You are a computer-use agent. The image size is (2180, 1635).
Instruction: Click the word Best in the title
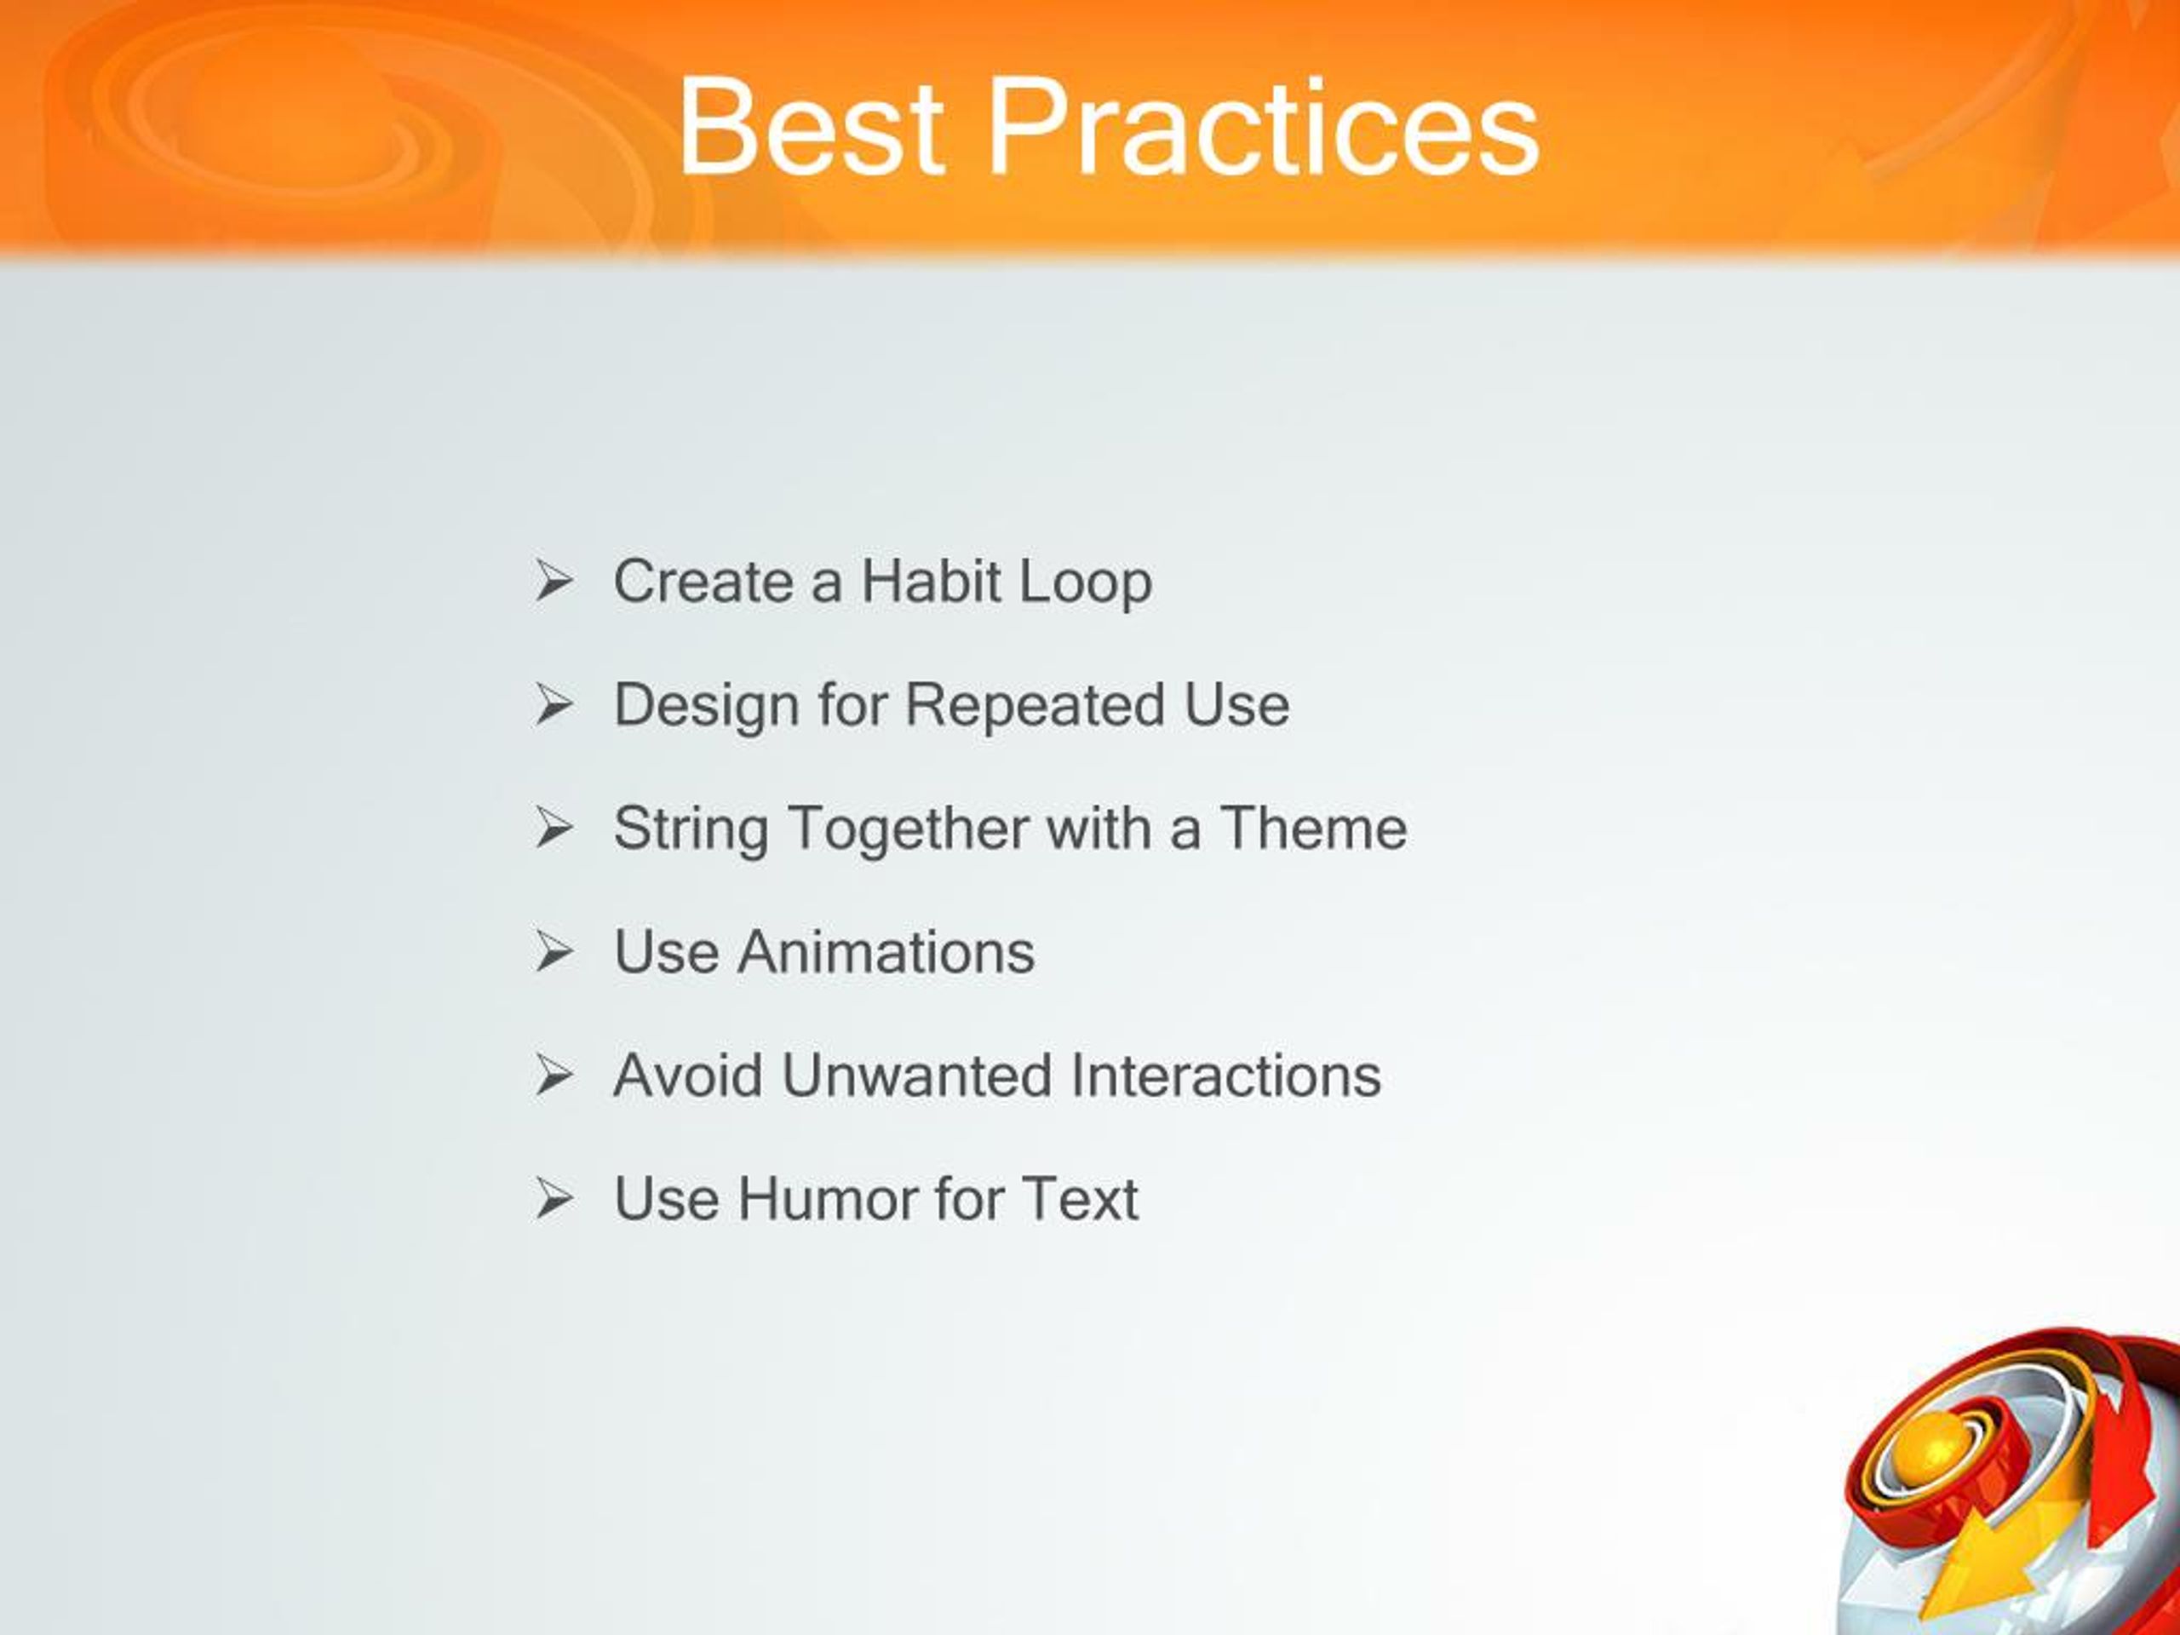(x=810, y=128)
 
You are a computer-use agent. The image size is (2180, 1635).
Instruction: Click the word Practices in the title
(x=1265, y=128)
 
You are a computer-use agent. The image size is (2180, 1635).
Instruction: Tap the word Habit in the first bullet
(x=932, y=581)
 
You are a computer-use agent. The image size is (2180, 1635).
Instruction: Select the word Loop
(x=1085, y=582)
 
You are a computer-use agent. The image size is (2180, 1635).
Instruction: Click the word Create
(x=703, y=581)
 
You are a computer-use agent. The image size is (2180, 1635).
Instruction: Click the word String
(x=691, y=829)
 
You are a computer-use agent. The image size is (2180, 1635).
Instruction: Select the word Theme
(x=1314, y=827)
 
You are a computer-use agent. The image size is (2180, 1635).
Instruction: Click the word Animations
(x=886, y=952)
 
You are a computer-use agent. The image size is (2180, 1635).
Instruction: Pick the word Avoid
(x=688, y=1076)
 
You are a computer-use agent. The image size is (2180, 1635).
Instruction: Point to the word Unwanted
(x=916, y=1076)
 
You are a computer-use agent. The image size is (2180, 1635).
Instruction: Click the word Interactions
(x=1225, y=1076)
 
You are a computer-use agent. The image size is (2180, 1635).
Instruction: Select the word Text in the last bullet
(x=1079, y=1198)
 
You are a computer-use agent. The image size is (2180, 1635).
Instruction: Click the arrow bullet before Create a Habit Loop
(x=554, y=581)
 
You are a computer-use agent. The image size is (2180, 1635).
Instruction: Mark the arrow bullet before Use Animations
(x=554, y=952)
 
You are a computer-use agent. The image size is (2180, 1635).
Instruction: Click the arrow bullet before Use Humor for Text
(x=554, y=1198)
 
